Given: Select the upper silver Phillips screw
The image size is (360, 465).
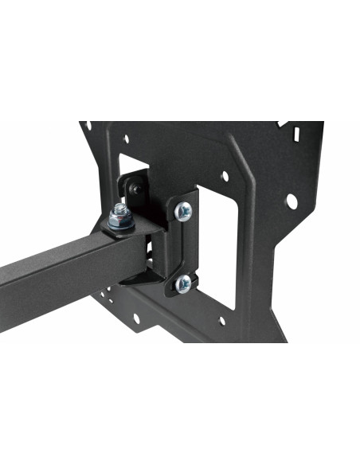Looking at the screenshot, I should click(184, 210).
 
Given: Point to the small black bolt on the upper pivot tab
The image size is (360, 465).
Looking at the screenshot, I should click(137, 189).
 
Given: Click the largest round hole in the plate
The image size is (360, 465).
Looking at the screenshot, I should click(292, 201).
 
